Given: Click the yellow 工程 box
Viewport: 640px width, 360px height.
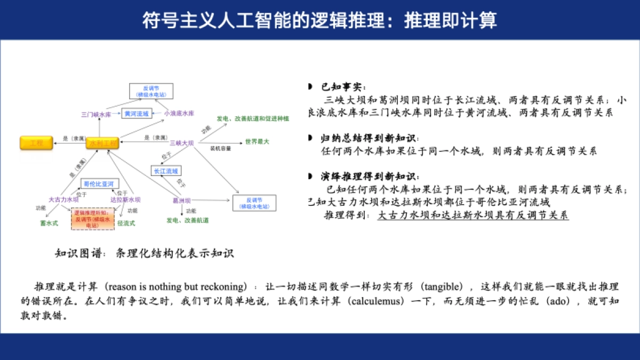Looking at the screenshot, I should tap(36, 143).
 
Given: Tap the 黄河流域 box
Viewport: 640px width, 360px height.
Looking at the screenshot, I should tap(136, 114).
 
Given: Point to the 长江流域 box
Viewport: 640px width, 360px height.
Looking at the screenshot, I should tap(164, 171).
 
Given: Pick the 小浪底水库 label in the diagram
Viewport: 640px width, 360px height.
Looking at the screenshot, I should tap(179, 114).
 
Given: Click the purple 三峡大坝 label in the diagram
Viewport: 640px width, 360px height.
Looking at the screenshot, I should tap(181, 143).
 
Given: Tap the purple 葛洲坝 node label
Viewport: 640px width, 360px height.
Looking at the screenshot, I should tap(182, 201).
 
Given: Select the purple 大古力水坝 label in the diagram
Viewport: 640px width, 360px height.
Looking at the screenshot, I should tap(63, 199).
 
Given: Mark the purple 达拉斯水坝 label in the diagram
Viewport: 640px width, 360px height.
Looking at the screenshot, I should tap(125, 199).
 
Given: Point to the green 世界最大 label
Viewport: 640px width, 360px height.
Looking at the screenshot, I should tap(257, 142).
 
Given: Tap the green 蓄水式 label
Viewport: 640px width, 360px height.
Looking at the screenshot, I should tap(49, 223).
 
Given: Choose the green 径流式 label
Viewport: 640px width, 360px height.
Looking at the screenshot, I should tap(126, 223).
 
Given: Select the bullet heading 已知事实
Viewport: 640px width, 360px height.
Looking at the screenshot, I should tap(344, 87).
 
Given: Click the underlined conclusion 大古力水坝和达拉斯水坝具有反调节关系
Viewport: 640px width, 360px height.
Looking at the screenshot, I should tap(473, 215).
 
